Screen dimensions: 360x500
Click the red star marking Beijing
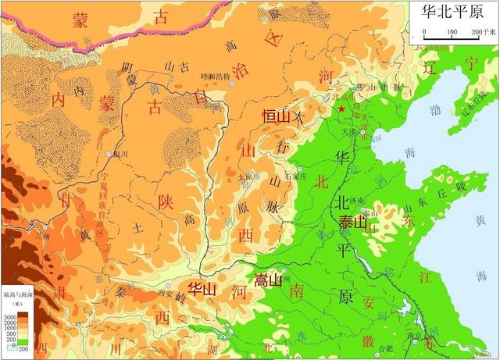341,110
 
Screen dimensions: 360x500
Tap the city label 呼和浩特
216,77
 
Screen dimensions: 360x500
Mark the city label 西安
163,294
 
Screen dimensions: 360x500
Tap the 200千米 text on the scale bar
485,32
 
